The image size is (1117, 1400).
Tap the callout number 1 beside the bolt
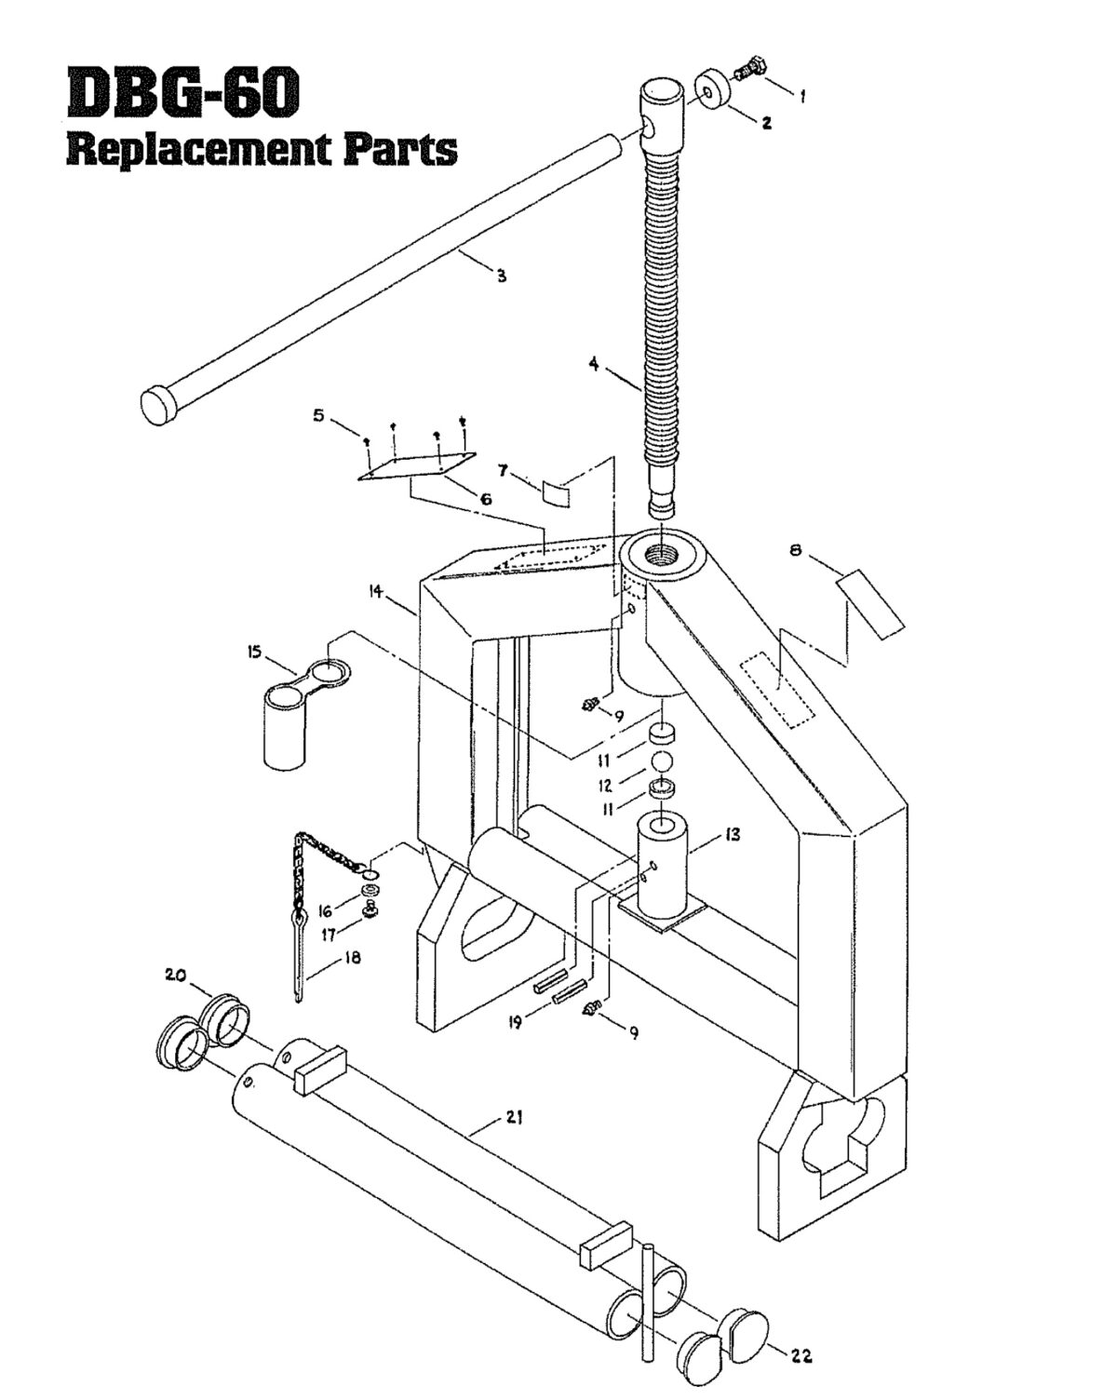point(802,95)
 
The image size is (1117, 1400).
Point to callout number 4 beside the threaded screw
point(594,364)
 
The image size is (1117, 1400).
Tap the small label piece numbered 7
point(556,491)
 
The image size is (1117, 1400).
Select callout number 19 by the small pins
point(513,1022)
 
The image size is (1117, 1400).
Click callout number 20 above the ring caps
point(176,975)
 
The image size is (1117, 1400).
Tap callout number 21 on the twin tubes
point(513,1118)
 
